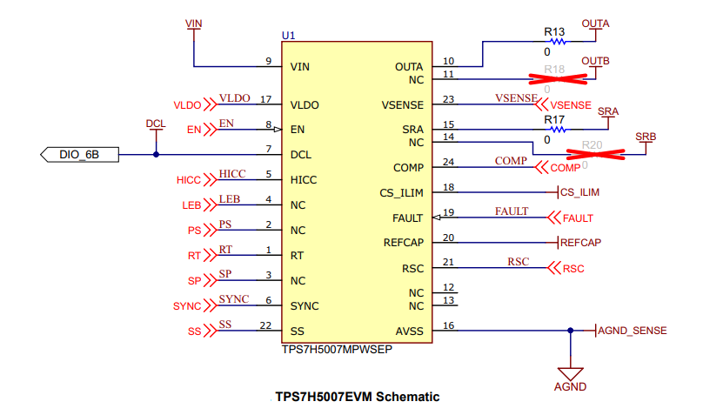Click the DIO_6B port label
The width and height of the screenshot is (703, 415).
[x=78, y=155]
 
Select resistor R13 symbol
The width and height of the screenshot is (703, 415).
[x=555, y=41]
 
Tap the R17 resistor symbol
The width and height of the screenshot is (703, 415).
[x=555, y=130]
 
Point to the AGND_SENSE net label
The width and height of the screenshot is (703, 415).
[x=633, y=331]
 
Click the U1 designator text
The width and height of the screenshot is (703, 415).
[x=289, y=36]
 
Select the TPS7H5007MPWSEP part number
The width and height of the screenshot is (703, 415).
[x=334, y=349]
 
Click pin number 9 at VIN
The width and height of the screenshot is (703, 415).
[x=269, y=61]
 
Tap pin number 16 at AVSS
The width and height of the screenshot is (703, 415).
[x=448, y=325]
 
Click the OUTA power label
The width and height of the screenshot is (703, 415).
[x=595, y=23]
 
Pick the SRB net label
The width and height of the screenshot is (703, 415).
[x=646, y=137]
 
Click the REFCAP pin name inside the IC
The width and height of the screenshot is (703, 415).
[x=403, y=243]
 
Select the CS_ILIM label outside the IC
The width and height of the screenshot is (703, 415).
[x=579, y=191]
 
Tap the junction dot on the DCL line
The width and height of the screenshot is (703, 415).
[x=156, y=155]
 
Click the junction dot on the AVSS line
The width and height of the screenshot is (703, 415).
[x=570, y=331]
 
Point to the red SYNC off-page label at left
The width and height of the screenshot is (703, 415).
[x=187, y=306]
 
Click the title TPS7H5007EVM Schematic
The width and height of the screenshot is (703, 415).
[x=358, y=397]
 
